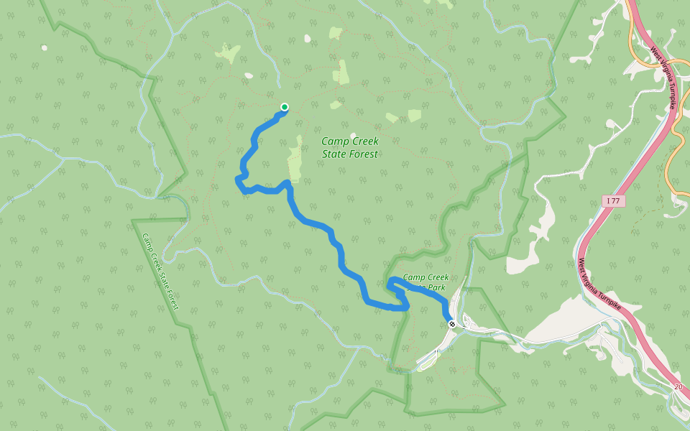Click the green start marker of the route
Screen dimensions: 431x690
pos(285,108)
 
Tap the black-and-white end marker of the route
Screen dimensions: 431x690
pos(452,325)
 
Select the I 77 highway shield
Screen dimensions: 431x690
pos(613,201)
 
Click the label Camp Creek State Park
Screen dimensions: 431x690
pos(426,282)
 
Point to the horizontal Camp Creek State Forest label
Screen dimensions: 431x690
pos(349,147)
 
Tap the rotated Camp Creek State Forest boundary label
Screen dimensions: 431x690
pos(160,272)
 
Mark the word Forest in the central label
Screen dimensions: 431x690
pos(363,154)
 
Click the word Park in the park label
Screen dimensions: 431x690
pos(438,287)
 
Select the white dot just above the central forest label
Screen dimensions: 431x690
pos(353,135)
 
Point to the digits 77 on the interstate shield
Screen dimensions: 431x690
pos(615,201)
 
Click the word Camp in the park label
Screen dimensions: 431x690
pos(414,277)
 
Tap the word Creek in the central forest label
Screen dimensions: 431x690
pos(364,142)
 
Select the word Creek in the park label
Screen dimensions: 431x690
pos(437,277)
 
